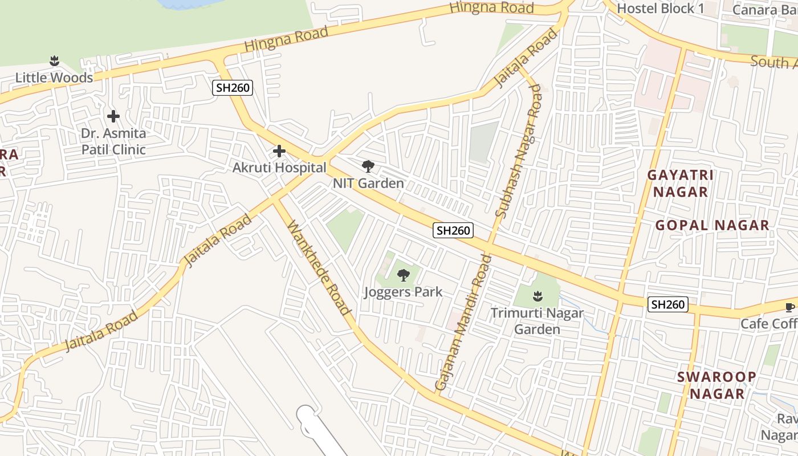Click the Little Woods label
point(54,78)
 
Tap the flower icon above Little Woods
point(54,60)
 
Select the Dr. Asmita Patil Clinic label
point(113,141)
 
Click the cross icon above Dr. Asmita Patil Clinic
point(113,117)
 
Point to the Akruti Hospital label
point(279,168)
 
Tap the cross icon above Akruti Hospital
point(279,151)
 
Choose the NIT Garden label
point(369,183)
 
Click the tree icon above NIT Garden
point(368,166)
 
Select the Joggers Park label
point(403,292)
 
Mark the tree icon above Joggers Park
point(403,275)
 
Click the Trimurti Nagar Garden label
point(537,321)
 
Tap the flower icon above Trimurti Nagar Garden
point(537,296)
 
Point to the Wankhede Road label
point(319,267)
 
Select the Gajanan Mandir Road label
point(463,322)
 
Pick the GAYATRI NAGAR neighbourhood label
point(681,183)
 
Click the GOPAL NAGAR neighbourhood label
point(712,225)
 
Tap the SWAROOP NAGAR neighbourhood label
point(716,385)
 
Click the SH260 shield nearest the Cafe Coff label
point(667,304)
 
